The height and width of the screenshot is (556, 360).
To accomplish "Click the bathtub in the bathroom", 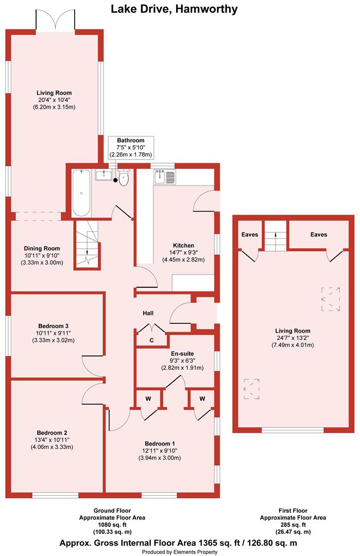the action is (81, 193).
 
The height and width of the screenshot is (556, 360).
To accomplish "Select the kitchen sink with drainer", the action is (165, 177).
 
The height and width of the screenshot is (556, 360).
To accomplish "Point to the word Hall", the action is (148, 313).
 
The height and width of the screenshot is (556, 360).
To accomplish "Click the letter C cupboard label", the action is (151, 340).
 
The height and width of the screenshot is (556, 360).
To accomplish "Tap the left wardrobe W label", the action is (148, 398).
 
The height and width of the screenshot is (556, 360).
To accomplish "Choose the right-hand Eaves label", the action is (318, 234).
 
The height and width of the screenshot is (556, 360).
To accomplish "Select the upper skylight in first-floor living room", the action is (331, 299).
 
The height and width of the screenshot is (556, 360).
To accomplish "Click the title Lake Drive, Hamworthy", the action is (174, 9).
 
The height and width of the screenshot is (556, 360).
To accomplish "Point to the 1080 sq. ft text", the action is (112, 525).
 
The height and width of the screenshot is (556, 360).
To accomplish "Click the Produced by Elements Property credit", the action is (179, 552).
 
